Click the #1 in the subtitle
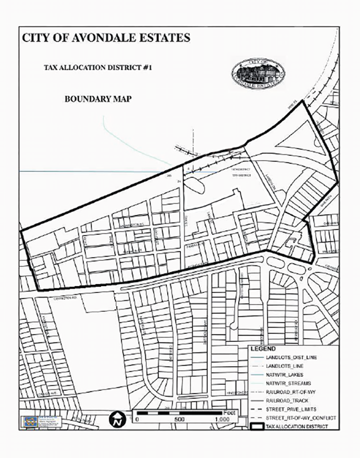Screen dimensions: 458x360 (146, 68)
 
